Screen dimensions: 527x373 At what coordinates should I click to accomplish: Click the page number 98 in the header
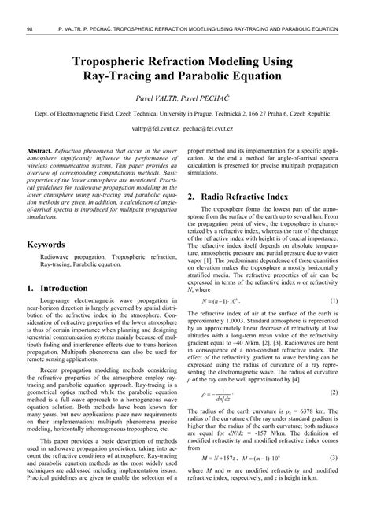pos(29,30)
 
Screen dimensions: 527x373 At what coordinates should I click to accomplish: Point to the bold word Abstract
pos(39,149)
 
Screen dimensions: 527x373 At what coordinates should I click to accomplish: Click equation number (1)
pos(334,279)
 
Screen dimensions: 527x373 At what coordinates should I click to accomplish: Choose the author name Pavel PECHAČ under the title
pos(212,100)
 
